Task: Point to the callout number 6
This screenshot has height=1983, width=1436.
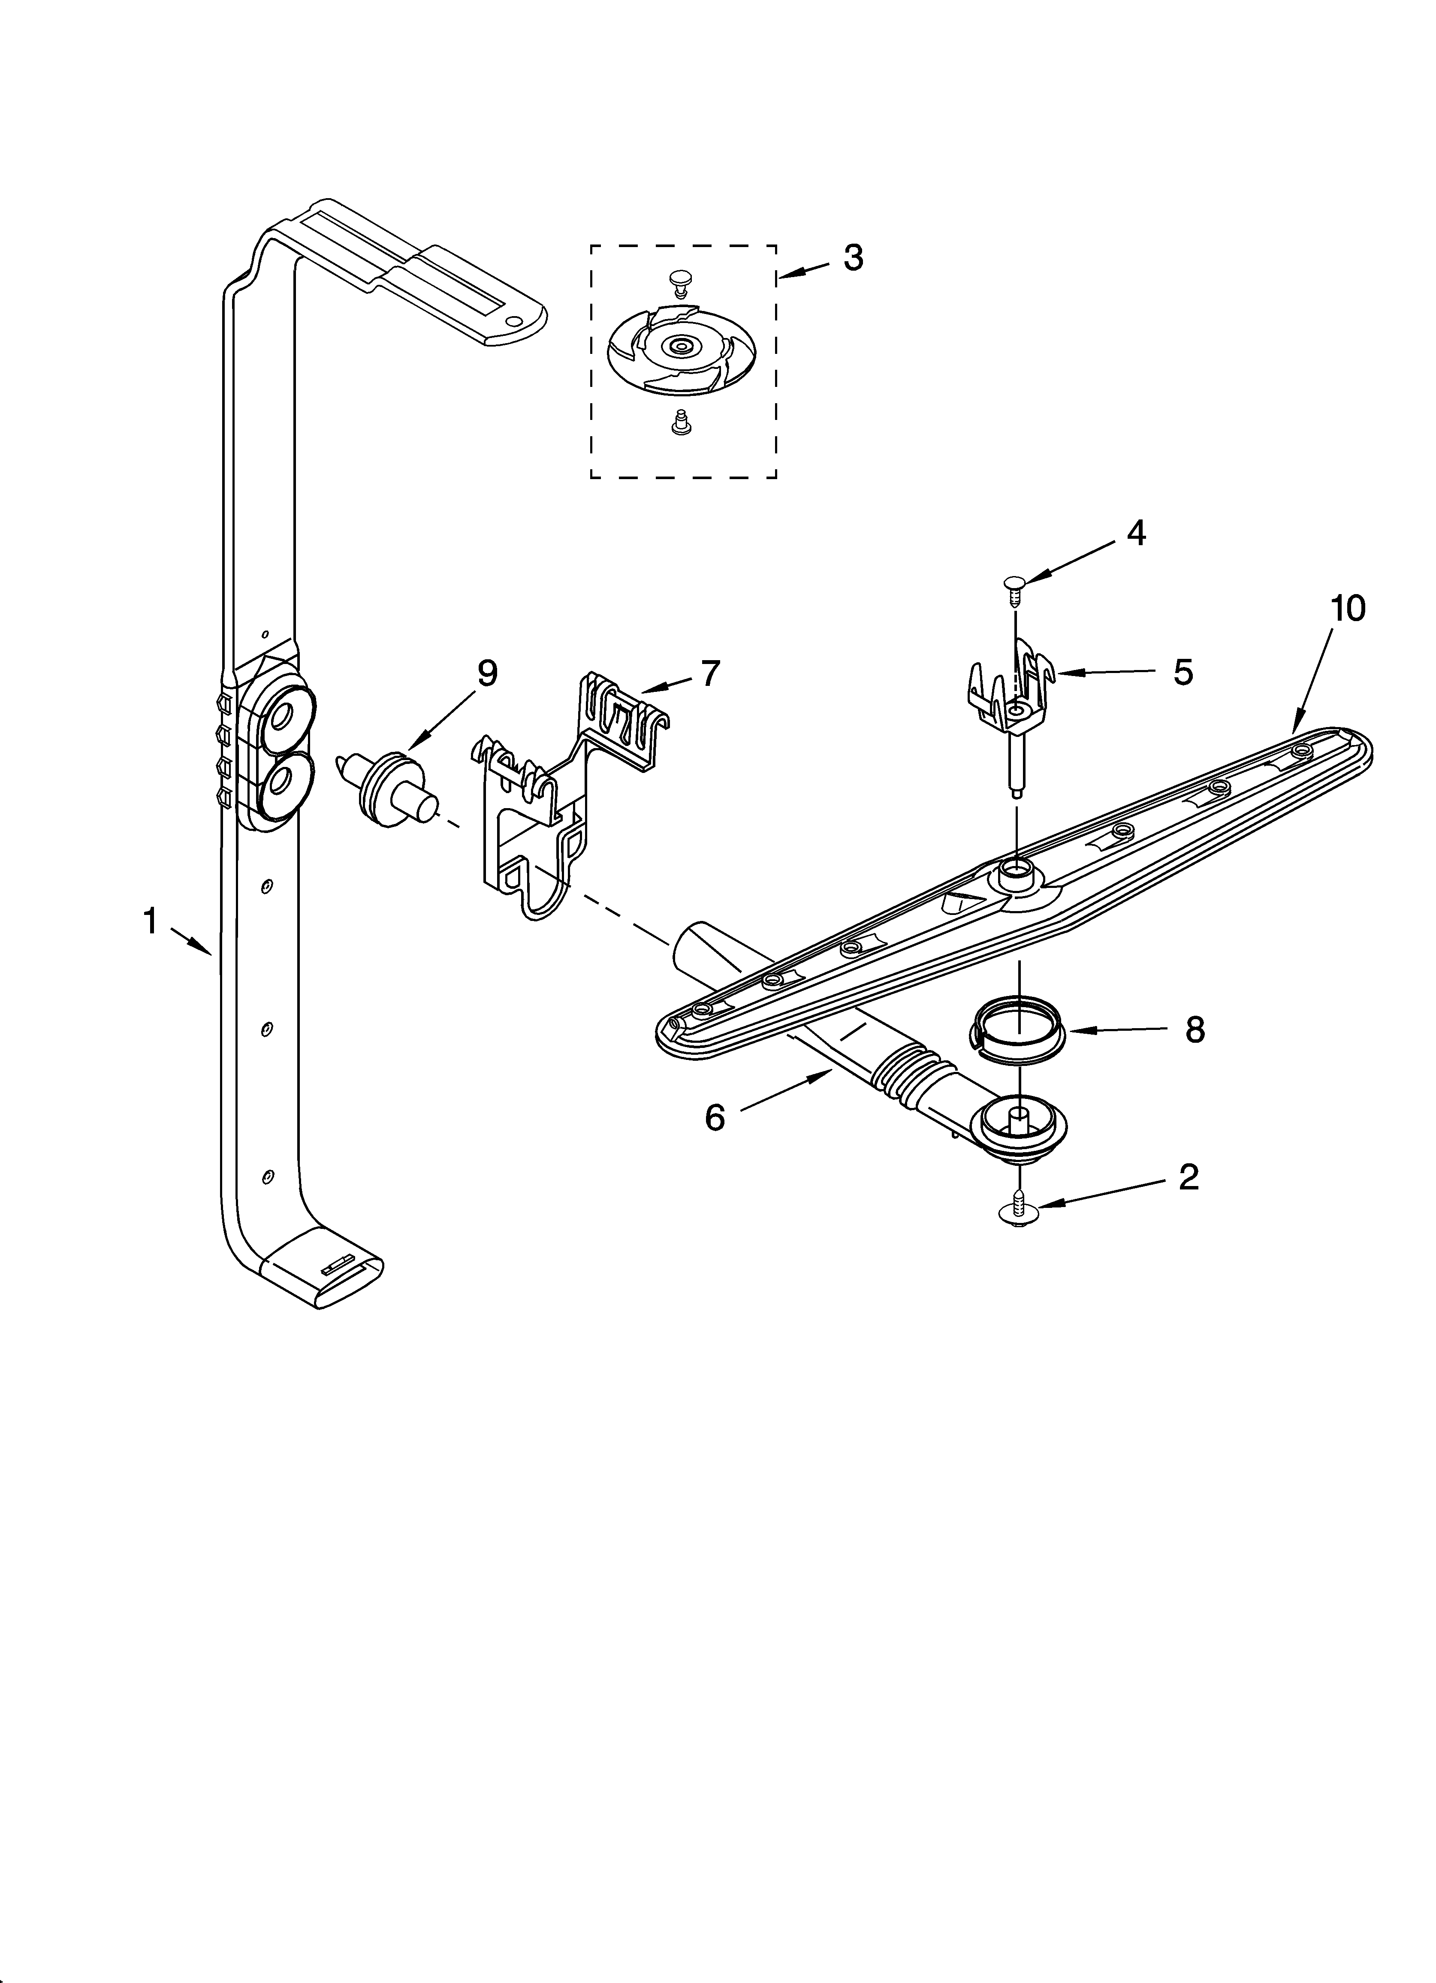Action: [715, 1117]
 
